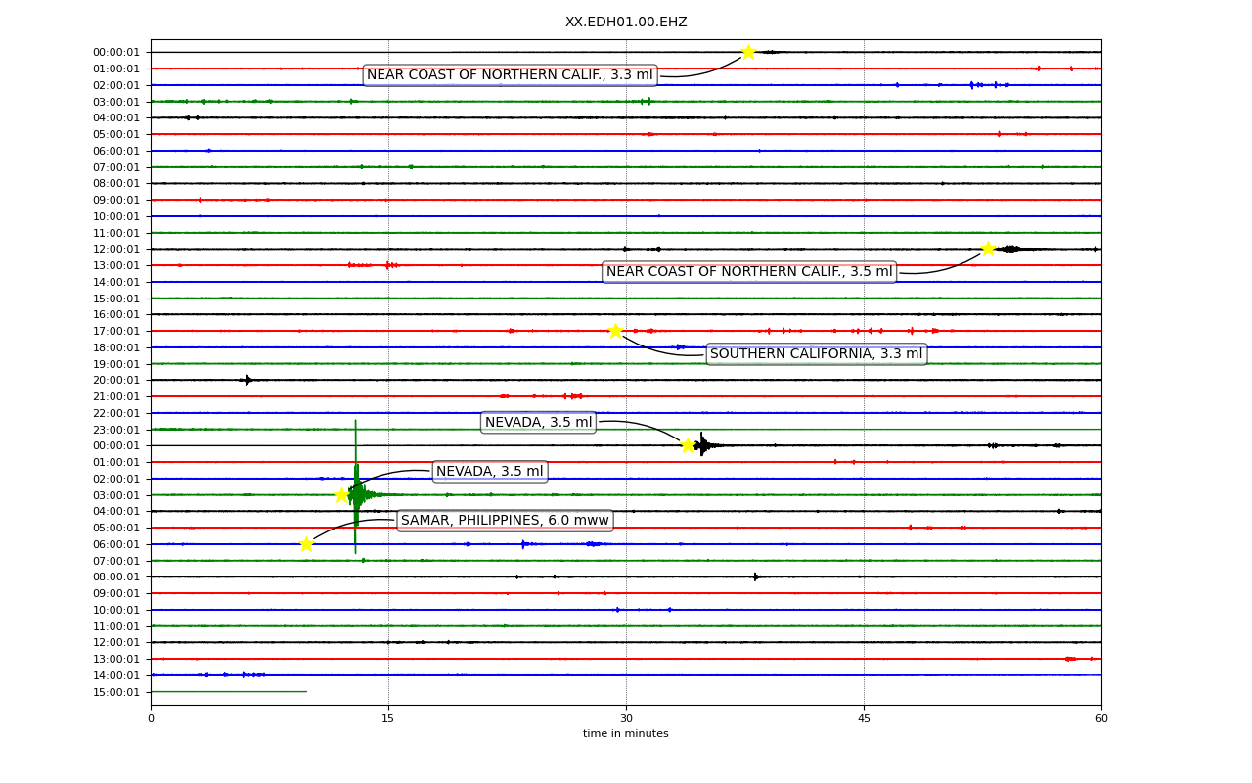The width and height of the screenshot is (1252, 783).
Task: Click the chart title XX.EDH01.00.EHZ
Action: click(x=626, y=22)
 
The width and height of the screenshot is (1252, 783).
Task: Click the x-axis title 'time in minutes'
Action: click(x=625, y=733)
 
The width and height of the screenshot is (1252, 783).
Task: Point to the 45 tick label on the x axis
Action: click(x=864, y=718)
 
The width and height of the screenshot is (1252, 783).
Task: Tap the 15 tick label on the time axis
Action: click(x=388, y=718)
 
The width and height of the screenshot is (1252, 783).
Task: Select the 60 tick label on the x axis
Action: click(x=1101, y=718)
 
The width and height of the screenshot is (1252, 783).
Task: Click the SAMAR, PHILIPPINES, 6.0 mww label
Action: click(x=505, y=520)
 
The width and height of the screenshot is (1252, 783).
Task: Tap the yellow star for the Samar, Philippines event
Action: click(x=306, y=544)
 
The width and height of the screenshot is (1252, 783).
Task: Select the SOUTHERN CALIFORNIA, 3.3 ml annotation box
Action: click(x=817, y=354)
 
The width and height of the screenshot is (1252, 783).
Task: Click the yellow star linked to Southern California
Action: click(x=615, y=331)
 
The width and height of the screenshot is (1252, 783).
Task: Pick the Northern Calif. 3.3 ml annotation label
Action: click(x=510, y=75)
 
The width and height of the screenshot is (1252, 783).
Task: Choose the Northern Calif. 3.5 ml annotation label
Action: click(x=749, y=272)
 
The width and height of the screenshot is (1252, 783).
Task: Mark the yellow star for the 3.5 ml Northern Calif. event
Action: click(x=988, y=249)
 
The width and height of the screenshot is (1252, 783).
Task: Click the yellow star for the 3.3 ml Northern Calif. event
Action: click(x=748, y=52)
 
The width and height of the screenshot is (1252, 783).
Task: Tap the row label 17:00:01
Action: click(x=116, y=331)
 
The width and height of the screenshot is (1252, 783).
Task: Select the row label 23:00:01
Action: click(x=116, y=430)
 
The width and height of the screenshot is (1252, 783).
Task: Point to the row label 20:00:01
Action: click(x=116, y=381)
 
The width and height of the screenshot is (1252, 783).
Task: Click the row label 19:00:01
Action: click(x=116, y=364)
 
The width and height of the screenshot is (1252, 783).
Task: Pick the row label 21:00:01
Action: click(x=116, y=396)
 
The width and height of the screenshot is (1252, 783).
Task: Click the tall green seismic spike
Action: click(x=355, y=486)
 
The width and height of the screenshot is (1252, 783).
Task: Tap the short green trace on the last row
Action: click(x=229, y=692)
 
